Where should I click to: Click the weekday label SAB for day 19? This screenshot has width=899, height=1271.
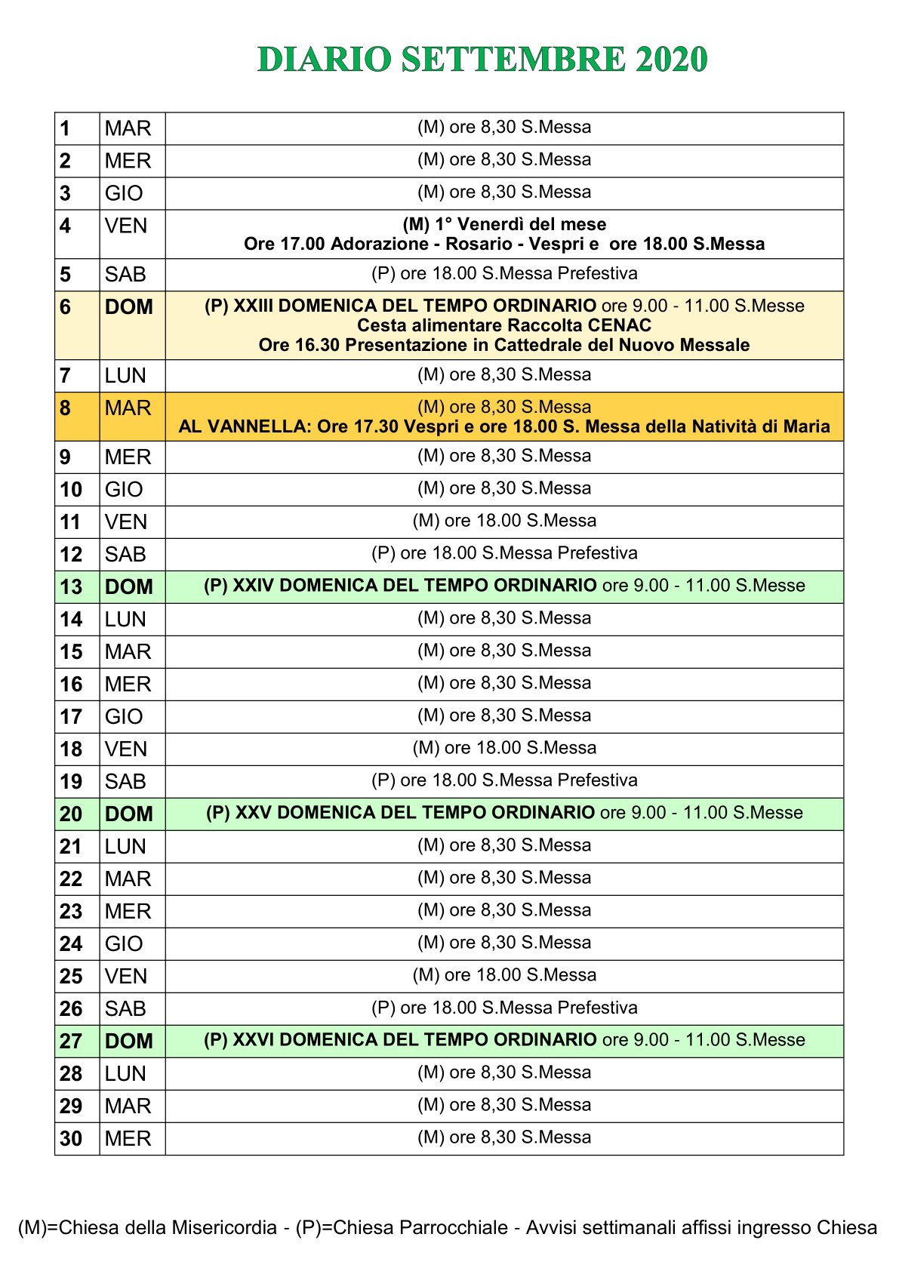[x=125, y=782]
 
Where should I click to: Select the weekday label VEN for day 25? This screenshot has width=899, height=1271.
[x=126, y=977]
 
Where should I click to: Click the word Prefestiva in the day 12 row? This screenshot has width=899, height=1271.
[x=597, y=553]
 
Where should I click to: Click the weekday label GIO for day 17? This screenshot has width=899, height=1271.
[x=124, y=717]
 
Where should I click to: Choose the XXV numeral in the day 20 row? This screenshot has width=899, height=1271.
[x=254, y=813]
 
